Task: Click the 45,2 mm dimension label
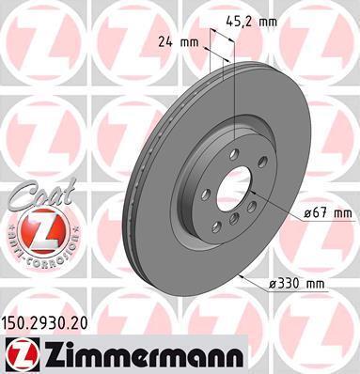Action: pos(252,22)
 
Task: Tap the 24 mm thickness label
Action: pos(178,41)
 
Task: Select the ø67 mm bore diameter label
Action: pos(328,213)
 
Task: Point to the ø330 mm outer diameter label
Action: pos(297,284)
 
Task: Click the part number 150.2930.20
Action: pos(44,323)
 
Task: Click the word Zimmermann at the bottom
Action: pos(144,354)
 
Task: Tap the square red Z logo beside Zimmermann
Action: pos(22,354)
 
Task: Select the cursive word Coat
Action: pos(42,195)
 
